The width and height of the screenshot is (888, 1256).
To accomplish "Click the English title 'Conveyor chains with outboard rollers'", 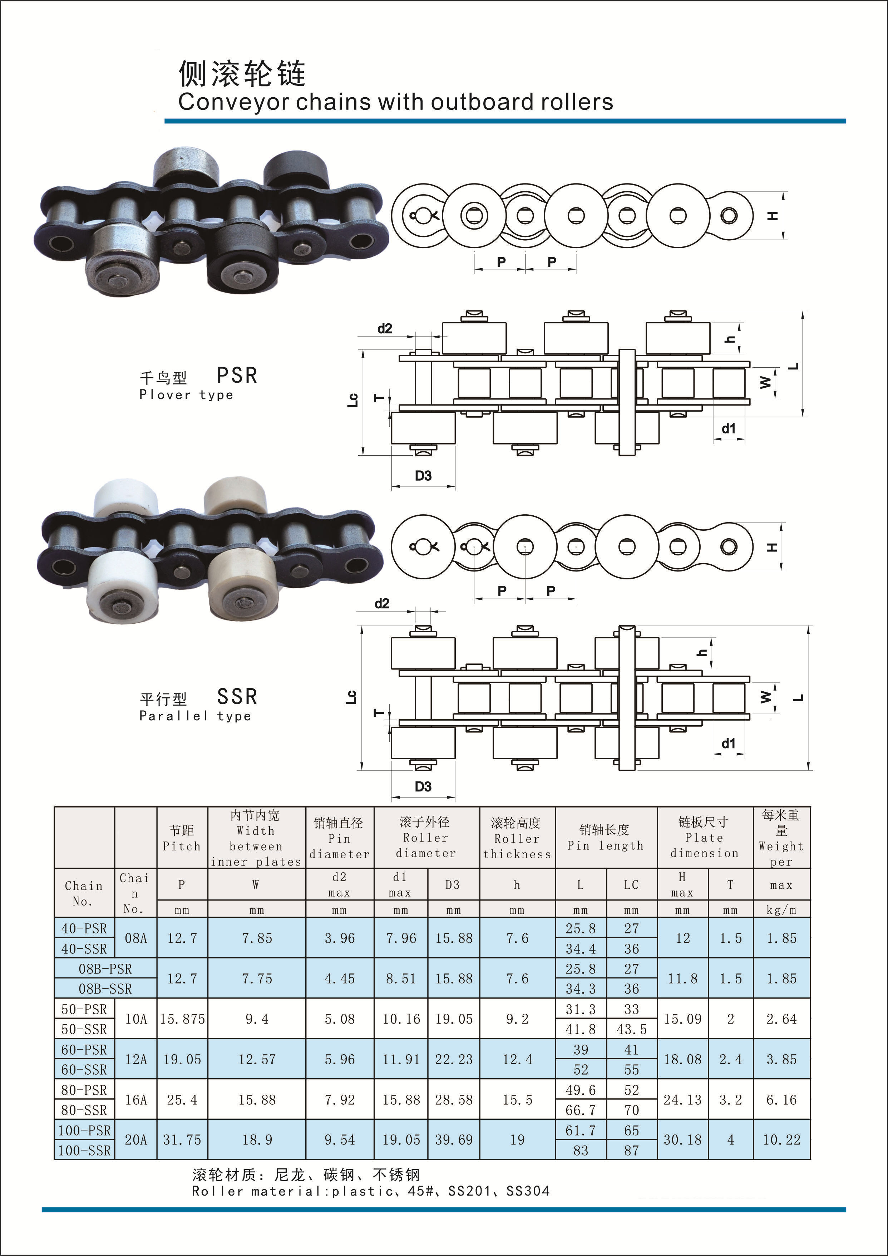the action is point(395,102).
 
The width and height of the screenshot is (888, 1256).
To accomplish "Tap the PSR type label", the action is point(237,375).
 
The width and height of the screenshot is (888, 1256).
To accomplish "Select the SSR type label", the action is point(237,696).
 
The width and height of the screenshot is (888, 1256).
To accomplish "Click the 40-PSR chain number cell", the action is point(84,928).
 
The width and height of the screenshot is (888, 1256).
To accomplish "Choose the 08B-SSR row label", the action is point(105,988).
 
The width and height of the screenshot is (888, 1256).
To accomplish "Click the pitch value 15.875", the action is point(182,1019).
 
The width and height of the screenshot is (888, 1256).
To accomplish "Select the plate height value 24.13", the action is point(682,1100).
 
